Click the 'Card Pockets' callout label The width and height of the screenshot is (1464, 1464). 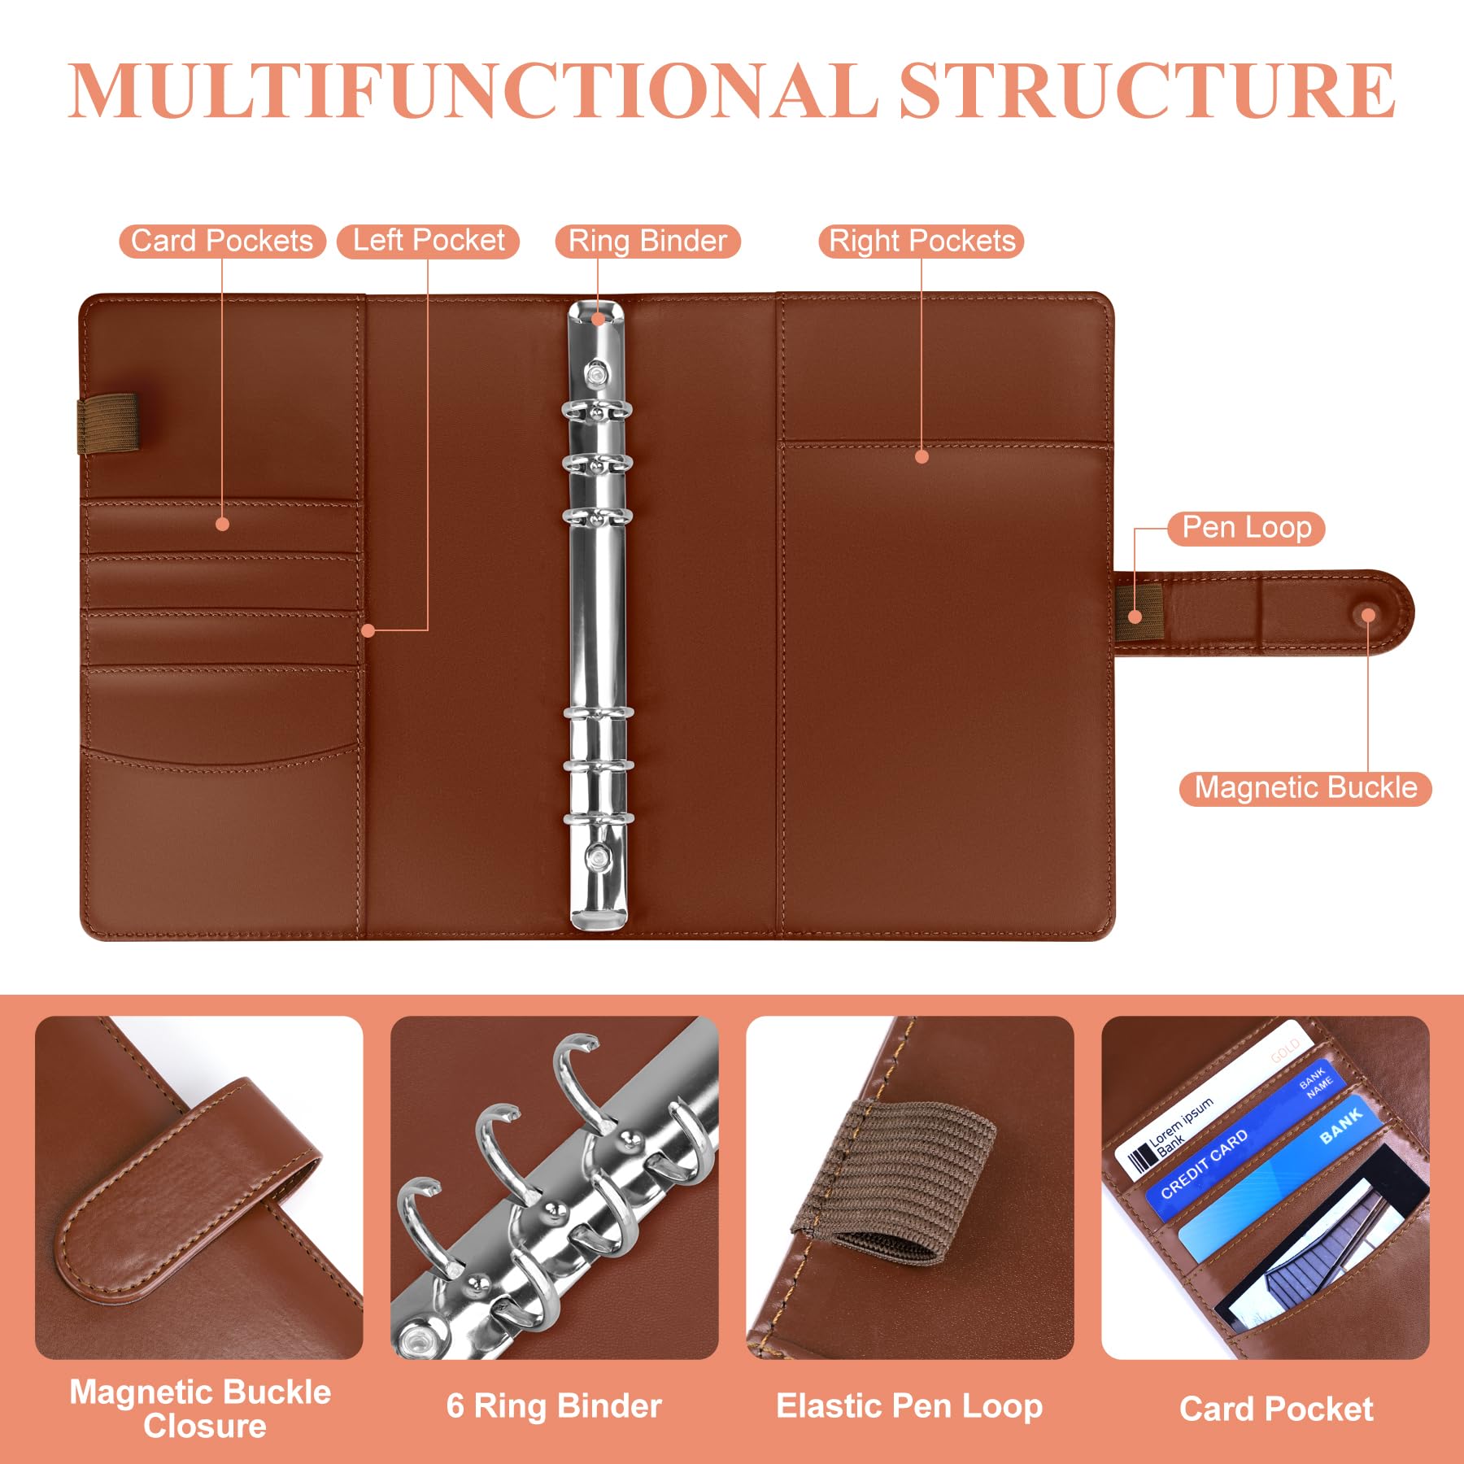222,242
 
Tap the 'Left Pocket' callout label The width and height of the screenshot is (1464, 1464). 428,242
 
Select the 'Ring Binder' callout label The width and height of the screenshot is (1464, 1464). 647,242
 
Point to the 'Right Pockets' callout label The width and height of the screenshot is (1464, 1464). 922,242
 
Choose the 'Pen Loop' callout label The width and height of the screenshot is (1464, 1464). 1246,528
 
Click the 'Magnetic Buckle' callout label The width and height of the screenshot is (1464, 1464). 1305,788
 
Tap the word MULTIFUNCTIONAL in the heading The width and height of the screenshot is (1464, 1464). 472,90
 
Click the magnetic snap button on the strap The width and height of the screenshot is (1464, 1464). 1369,615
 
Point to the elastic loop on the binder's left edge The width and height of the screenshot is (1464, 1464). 108,424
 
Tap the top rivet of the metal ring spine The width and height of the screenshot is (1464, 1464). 598,374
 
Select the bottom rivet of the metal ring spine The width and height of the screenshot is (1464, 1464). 599,856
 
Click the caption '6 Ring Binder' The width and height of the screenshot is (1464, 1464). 554,1406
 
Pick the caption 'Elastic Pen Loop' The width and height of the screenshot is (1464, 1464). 909,1406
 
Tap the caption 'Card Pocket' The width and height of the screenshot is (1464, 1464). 1276,1409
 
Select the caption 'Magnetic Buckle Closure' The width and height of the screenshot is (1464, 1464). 201,1409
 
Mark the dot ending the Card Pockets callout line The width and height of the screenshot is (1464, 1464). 222,525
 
